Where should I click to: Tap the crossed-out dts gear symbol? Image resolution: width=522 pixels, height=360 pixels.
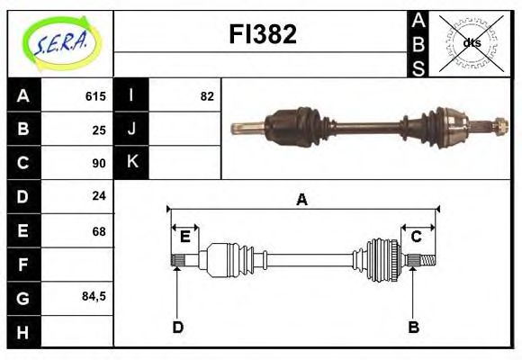pyautogui.click(x=471, y=42)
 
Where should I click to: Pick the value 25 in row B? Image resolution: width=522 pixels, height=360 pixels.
pyautogui.click(x=99, y=130)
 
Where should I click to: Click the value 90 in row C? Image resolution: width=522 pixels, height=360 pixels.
pyautogui.click(x=99, y=163)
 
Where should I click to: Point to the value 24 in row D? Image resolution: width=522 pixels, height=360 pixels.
pyautogui.click(x=99, y=195)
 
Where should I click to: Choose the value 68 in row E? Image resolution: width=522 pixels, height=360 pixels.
pyautogui.click(x=99, y=231)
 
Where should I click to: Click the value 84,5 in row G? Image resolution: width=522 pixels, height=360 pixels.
pyautogui.click(x=94, y=295)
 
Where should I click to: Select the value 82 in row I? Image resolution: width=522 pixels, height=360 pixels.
pyautogui.click(x=207, y=96)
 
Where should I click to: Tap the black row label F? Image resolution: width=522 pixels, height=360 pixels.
pyautogui.click(x=23, y=265)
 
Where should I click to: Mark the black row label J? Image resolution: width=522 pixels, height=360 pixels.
pyautogui.click(x=131, y=129)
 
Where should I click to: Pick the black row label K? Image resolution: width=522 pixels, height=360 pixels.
pyautogui.click(x=131, y=162)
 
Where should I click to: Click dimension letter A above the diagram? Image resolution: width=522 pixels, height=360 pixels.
pyautogui.click(x=302, y=200)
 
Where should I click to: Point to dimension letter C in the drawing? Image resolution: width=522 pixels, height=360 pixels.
pyautogui.click(x=416, y=237)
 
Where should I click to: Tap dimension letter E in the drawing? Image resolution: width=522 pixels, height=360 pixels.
pyautogui.click(x=184, y=237)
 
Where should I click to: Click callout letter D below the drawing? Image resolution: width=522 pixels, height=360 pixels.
pyautogui.click(x=177, y=327)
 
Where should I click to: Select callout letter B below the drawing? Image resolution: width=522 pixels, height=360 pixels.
pyautogui.click(x=413, y=327)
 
